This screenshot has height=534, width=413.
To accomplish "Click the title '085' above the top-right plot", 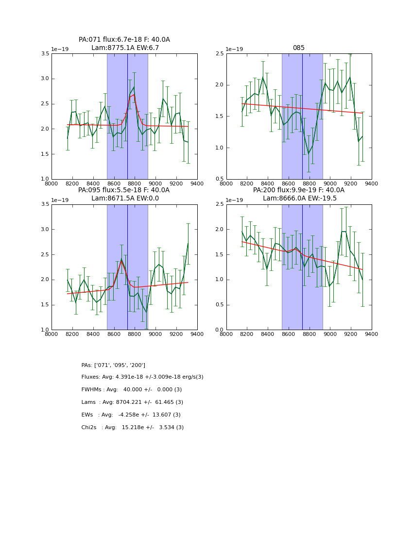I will pos(298,48).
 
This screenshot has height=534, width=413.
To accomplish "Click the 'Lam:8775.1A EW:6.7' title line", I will pos(125,48).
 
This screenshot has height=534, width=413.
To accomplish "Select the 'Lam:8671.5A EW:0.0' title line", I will pos(125,199).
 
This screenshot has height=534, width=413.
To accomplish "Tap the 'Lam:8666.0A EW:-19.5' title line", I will pos(299,199).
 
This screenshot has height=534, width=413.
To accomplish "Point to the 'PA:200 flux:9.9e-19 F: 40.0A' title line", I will pos(299,190).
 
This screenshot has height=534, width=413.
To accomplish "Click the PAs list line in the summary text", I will pos(113,365).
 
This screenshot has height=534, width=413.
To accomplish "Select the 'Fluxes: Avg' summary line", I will pos(142,377).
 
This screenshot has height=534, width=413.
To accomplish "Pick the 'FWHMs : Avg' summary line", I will pos(132,390).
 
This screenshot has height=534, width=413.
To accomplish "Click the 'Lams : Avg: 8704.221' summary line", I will pos(132,402).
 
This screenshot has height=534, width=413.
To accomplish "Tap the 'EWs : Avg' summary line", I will pos(131,415).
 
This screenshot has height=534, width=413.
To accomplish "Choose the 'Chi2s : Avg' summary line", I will pos(133,428).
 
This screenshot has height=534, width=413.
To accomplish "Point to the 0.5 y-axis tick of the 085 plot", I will pos(220,179).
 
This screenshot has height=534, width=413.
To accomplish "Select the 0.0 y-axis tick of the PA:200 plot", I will pos(220,330).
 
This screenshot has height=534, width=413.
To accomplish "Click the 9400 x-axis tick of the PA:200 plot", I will pos(371,334).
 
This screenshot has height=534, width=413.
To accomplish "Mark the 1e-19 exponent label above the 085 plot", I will pos(235,50).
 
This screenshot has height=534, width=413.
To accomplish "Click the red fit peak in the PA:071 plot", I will pos(134,95).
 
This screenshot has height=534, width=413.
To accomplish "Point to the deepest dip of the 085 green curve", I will pos(309,154).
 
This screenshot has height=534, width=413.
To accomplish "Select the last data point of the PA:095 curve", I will pos(188,243).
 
